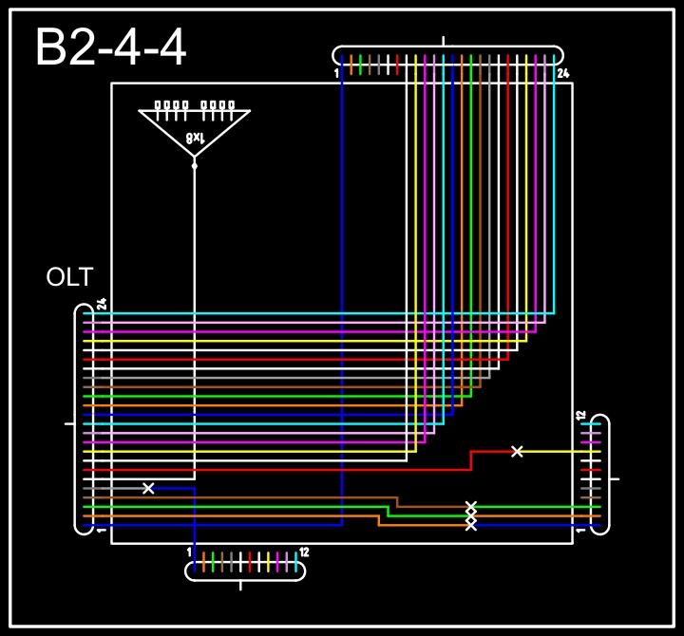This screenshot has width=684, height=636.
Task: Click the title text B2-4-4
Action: coord(110,48)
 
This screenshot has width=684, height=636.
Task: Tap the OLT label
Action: coord(70,278)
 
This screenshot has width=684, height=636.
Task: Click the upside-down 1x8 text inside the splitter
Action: coord(194,139)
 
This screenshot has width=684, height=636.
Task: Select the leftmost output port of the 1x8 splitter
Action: coord(159,105)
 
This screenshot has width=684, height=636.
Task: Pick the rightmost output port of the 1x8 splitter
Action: coord(231,105)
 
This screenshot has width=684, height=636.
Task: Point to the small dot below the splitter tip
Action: coord(195,165)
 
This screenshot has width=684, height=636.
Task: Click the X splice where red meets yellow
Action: coord(517,451)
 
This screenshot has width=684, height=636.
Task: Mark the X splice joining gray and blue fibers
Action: coord(148,488)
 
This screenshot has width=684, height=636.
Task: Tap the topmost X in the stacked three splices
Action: coord(470,507)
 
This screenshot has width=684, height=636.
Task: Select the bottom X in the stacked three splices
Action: coord(470,524)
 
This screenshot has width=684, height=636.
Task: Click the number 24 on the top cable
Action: coord(562,73)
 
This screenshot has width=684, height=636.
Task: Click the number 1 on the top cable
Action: coord(336,73)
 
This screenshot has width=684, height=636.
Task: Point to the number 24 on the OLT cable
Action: coord(102,305)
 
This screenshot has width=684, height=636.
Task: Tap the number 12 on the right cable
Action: coord(580,415)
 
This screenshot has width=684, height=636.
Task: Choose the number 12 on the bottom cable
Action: coord(304,552)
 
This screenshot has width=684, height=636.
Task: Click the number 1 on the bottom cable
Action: coord(189,552)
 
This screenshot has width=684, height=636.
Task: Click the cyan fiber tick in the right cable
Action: coord(591,424)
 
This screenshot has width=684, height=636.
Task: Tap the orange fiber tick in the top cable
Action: coord(351,64)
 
